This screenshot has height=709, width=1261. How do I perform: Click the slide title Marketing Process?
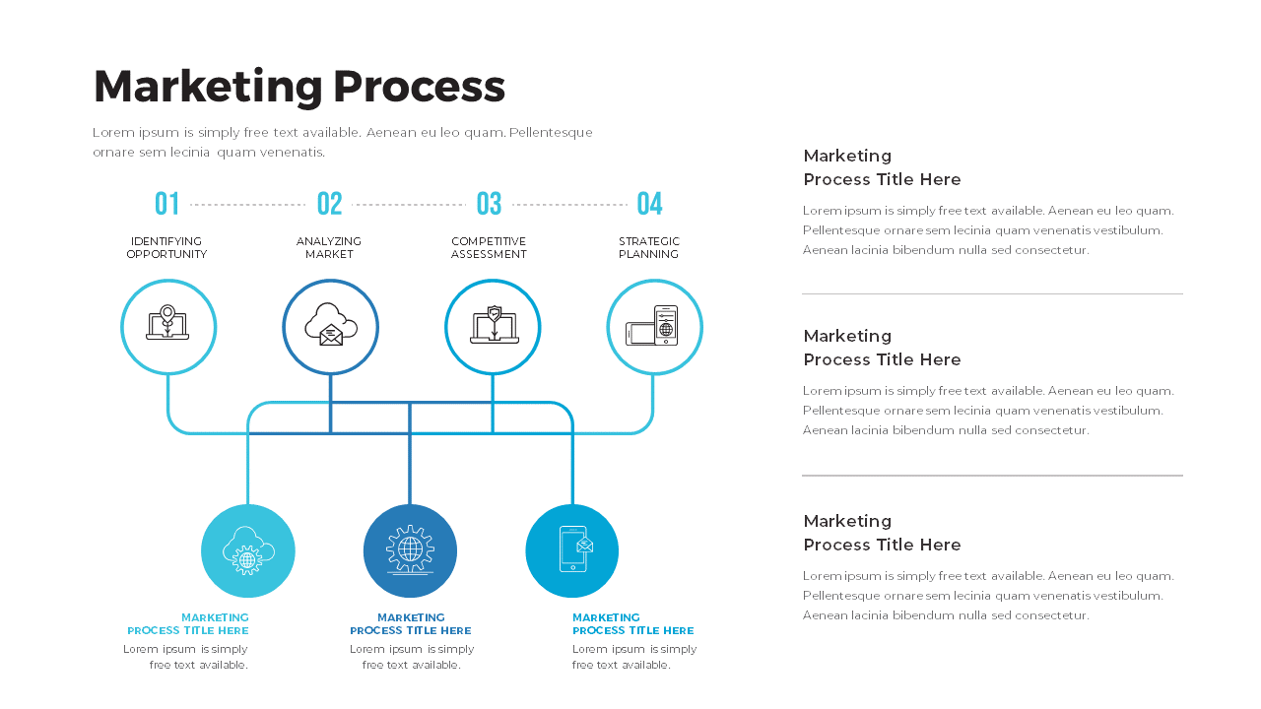[x=299, y=87]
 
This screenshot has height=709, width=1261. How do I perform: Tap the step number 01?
[x=167, y=204]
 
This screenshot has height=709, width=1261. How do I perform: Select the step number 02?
[x=330, y=204]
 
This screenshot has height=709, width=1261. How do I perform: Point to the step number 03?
[x=489, y=204]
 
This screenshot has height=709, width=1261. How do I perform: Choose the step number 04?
[x=649, y=204]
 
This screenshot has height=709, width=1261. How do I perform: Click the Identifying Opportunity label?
[x=166, y=248]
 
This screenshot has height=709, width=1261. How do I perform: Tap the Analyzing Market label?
[x=329, y=248]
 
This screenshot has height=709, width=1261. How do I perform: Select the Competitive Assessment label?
[x=489, y=248]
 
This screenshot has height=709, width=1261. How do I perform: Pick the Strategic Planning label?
[x=649, y=248]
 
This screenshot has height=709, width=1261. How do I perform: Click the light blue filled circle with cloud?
[x=248, y=551]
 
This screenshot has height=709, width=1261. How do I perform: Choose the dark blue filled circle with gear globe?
[x=410, y=551]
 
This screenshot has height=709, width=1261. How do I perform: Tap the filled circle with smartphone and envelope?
[x=572, y=551]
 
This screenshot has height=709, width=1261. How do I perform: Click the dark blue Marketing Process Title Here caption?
[x=411, y=624]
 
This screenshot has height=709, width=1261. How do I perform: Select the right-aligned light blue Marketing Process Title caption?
[x=188, y=624]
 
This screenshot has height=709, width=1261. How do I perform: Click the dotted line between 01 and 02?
[x=248, y=205]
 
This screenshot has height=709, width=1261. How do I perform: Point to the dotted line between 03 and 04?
[x=569, y=205]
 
